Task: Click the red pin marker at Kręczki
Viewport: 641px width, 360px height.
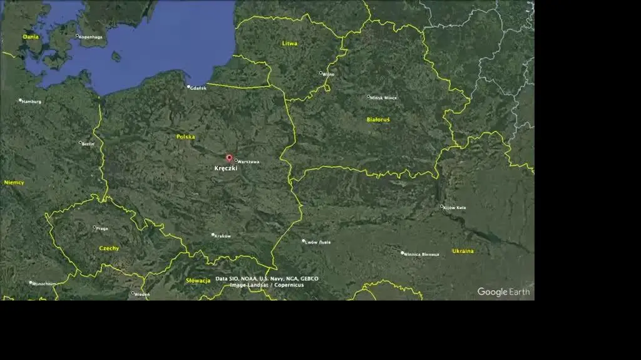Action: (x=229, y=158)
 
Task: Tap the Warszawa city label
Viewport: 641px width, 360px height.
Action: (x=248, y=162)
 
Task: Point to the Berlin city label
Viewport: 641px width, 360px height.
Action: (x=88, y=144)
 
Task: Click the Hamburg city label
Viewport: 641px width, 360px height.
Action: (x=31, y=101)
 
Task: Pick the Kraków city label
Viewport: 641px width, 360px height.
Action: (x=222, y=236)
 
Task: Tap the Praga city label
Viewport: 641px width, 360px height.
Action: (x=102, y=229)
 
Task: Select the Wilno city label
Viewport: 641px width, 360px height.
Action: (x=329, y=75)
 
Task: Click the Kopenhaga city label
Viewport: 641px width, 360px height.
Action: (x=91, y=37)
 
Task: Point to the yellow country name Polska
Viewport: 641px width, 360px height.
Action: (x=185, y=136)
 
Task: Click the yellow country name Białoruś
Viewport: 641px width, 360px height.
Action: (x=378, y=119)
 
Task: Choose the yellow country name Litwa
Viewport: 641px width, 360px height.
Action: (x=290, y=44)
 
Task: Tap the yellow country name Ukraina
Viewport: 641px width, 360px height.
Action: (x=463, y=251)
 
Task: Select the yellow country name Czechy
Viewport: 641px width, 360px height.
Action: (x=109, y=249)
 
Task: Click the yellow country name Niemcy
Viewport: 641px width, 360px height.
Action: (x=14, y=183)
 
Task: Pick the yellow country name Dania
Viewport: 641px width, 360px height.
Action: (x=31, y=37)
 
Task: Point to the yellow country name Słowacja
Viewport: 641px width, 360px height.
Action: (x=198, y=281)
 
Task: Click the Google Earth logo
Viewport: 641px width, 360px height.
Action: (x=503, y=292)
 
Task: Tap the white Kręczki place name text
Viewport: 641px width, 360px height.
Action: (x=226, y=168)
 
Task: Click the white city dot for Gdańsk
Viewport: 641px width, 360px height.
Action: (x=188, y=87)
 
